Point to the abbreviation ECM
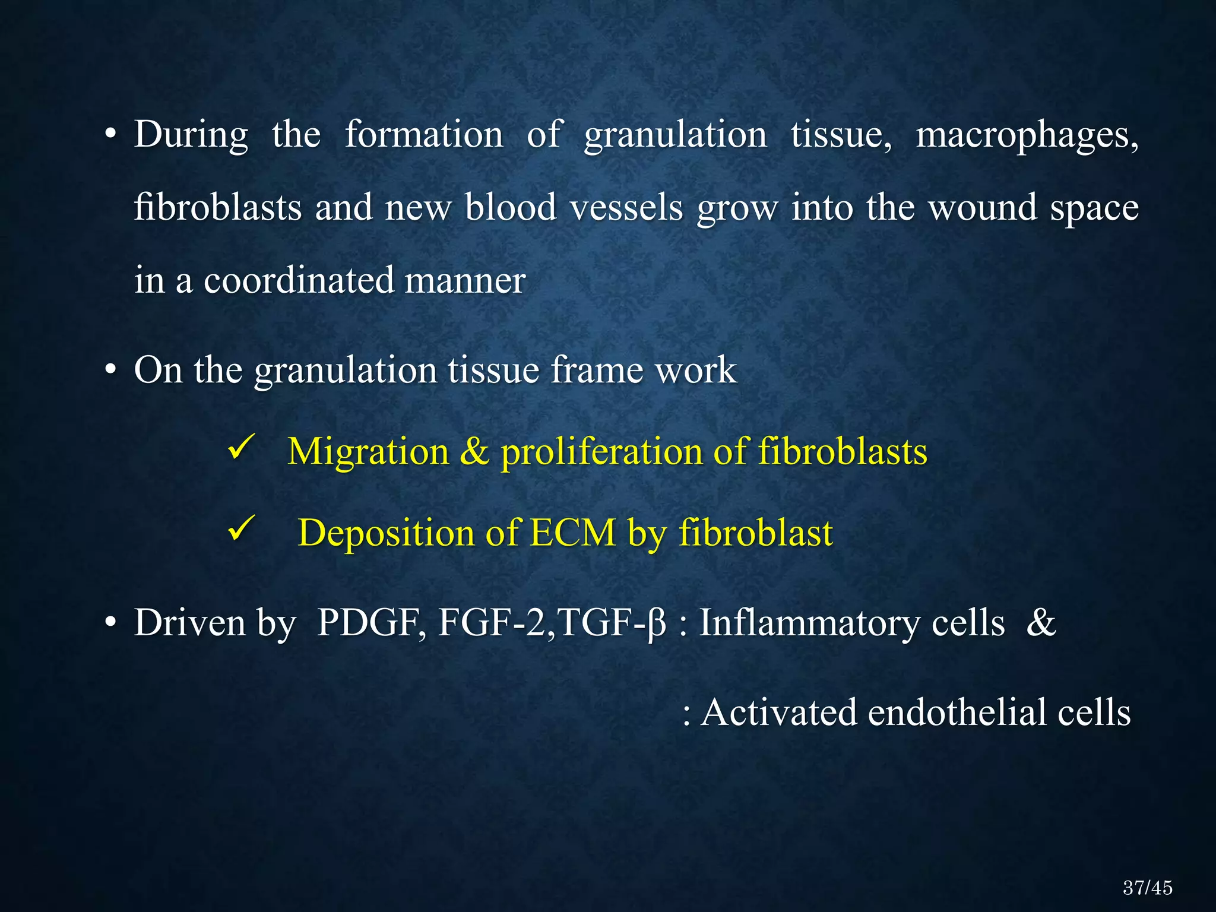click(x=572, y=533)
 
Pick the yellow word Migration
click(x=368, y=452)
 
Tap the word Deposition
click(x=386, y=533)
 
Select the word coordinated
click(x=298, y=280)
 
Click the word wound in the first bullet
click(x=982, y=208)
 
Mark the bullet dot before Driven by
click(x=110, y=624)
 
